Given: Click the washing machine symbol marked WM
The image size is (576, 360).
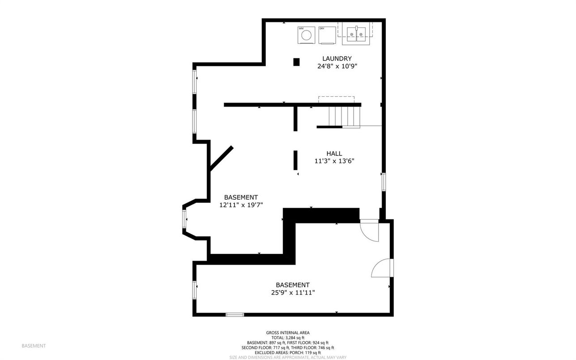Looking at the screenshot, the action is point(306,35).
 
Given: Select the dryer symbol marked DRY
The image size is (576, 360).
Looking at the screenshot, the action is point(327,35).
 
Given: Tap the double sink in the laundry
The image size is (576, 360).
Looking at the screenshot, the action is point(356,35).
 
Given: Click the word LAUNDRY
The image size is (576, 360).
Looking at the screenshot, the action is point(337,59).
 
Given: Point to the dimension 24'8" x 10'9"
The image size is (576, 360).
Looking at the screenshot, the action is point(337,66).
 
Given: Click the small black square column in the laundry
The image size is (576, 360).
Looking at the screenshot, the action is point(296,62).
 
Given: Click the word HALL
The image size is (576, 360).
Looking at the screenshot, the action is point(334,154).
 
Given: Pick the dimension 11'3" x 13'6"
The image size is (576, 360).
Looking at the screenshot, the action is point(334,161).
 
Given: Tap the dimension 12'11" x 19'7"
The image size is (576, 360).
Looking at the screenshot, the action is point(241,205).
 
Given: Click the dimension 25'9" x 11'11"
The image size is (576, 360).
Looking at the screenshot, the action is point(293,292).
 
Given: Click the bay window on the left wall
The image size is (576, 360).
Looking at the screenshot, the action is point(184,219).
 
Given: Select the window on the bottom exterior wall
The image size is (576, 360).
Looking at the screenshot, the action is point(235,314).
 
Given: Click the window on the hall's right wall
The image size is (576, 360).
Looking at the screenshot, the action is point(384,182).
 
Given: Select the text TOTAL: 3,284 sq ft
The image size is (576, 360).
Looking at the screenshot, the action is point(288,338).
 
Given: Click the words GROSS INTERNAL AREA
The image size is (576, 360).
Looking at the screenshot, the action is point(288,333).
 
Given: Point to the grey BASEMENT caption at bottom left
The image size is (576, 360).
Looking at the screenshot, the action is point(34,346).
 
